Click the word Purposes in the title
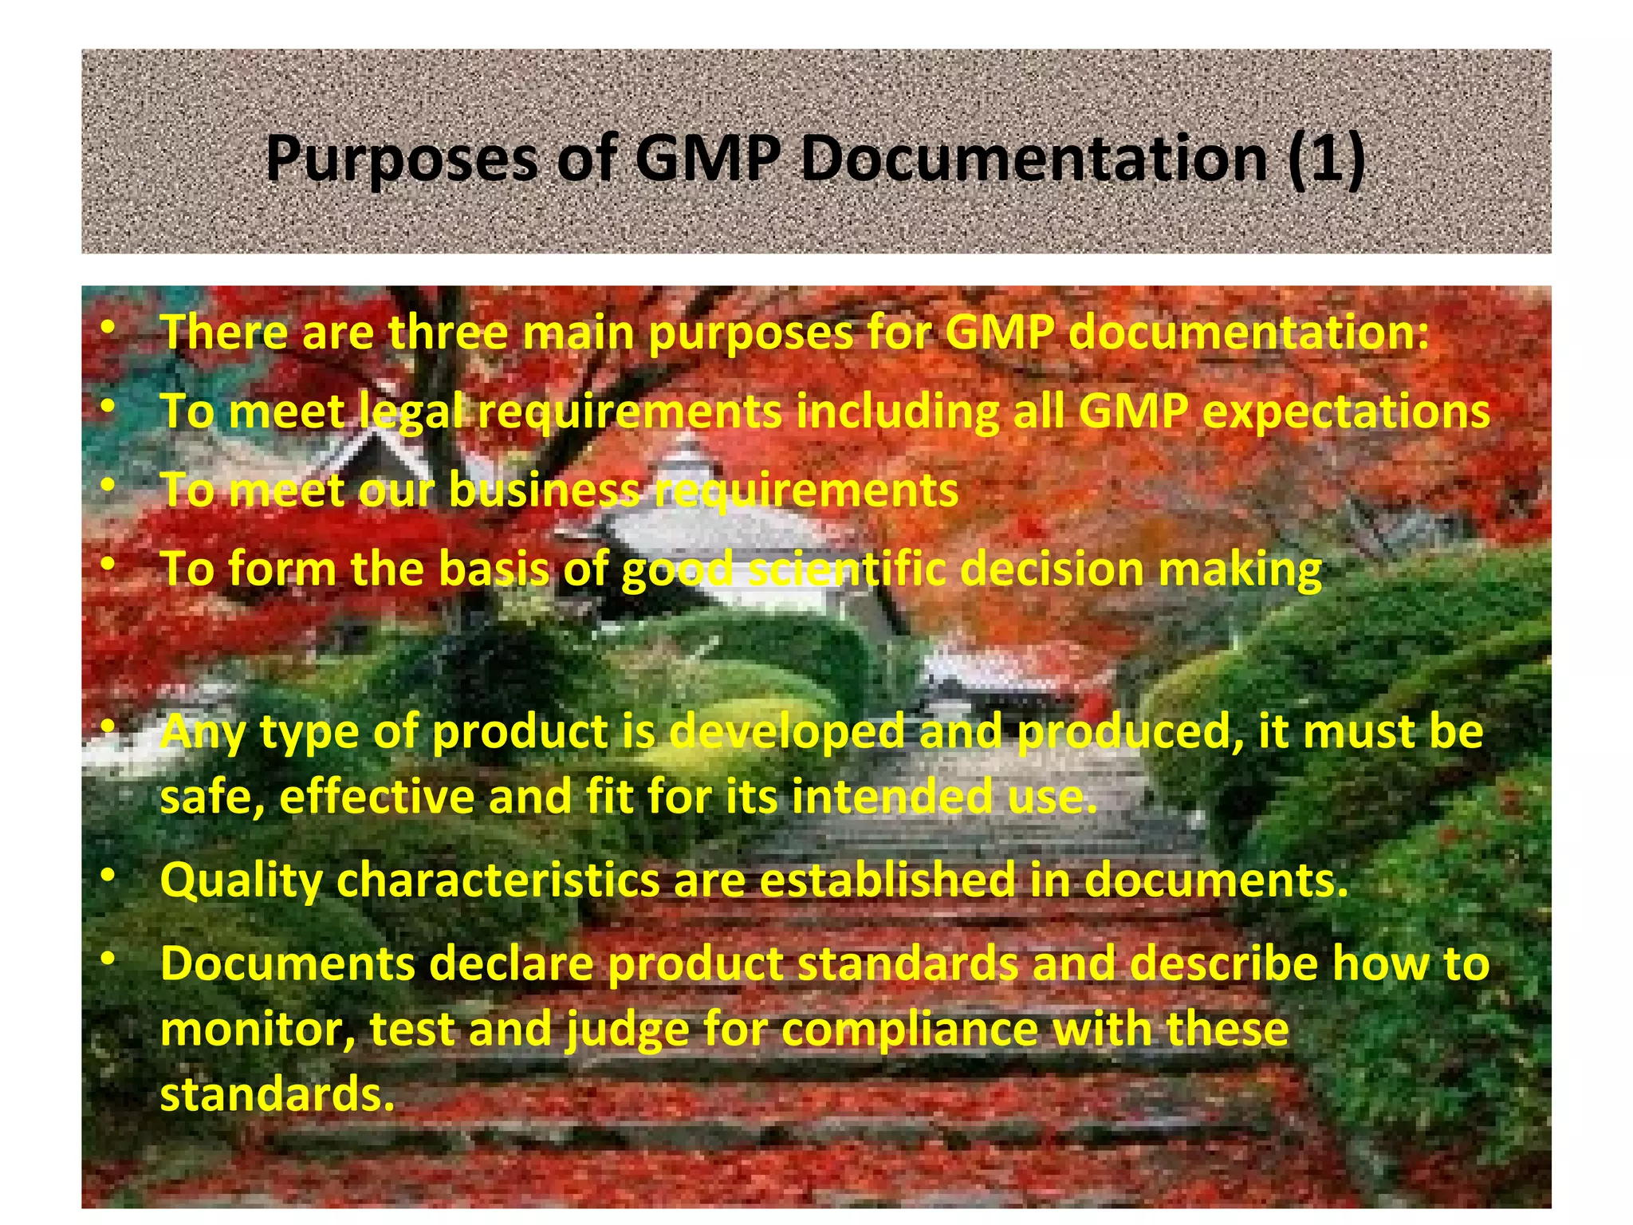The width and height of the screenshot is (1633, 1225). click(401, 160)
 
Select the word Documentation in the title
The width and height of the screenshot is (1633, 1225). click(1034, 160)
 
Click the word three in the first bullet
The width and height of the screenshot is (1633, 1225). click(448, 333)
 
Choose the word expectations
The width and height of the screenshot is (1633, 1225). click(1346, 412)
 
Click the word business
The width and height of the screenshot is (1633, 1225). click(545, 490)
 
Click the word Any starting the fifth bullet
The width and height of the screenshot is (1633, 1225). click(203, 732)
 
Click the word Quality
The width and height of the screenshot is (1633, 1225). click(241, 880)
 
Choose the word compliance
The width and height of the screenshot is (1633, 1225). click(910, 1029)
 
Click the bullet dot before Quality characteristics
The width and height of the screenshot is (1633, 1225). click(109, 876)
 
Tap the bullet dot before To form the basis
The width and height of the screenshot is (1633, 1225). click(109, 565)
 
